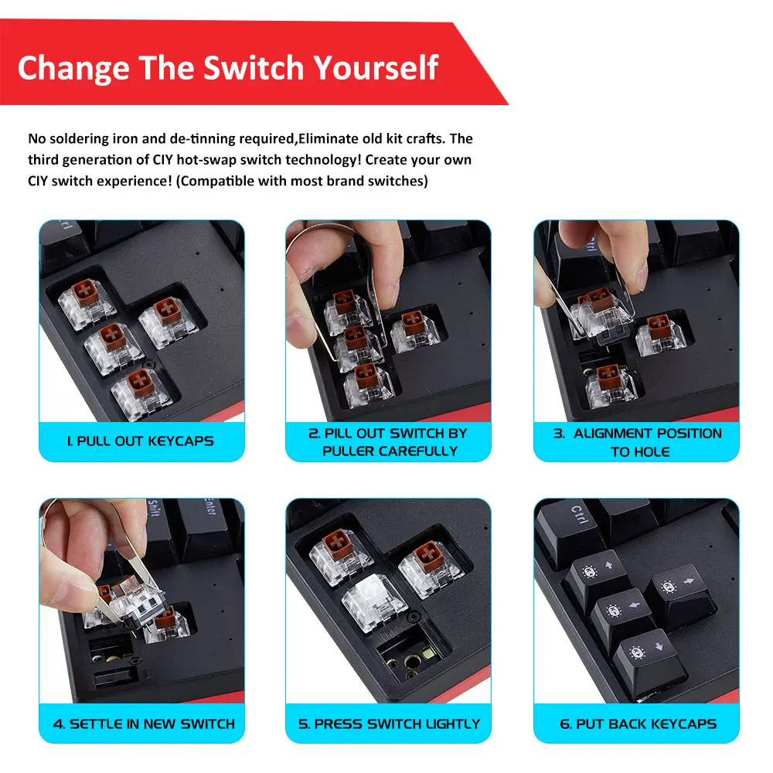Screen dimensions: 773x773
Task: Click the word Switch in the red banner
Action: [254, 67]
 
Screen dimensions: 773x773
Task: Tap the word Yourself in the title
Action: [376, 67]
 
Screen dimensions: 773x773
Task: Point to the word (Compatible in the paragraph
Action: [214, 182]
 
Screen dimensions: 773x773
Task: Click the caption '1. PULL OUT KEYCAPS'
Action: [141, 441]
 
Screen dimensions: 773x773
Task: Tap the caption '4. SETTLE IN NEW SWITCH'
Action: [144, 724]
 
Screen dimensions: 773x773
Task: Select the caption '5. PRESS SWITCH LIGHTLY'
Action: [389, 724]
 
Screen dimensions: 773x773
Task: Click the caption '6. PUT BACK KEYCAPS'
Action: [638, 724]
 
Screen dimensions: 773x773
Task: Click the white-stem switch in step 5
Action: [373, 602]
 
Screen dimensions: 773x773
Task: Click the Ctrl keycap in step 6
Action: [573, 527]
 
